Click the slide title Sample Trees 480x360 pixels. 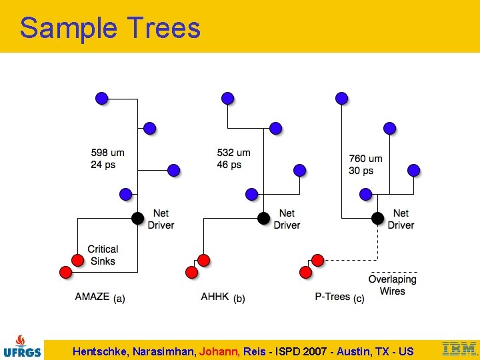110,28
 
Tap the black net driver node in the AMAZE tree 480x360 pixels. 138,218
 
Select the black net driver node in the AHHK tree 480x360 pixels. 264,218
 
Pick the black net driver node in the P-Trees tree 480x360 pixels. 377,218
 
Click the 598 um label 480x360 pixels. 108,153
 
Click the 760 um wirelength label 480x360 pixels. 366,159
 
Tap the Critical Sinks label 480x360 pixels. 103,255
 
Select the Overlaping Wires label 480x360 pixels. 393,285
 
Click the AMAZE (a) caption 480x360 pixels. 100,297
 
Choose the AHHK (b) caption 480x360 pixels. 223,297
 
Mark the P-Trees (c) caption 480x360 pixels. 339,297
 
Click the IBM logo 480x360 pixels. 460,349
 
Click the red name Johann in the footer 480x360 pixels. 217,351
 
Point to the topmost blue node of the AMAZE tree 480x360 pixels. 101,99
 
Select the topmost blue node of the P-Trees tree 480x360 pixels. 341,99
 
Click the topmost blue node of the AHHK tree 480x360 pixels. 227,99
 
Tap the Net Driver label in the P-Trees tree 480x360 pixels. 401,219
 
